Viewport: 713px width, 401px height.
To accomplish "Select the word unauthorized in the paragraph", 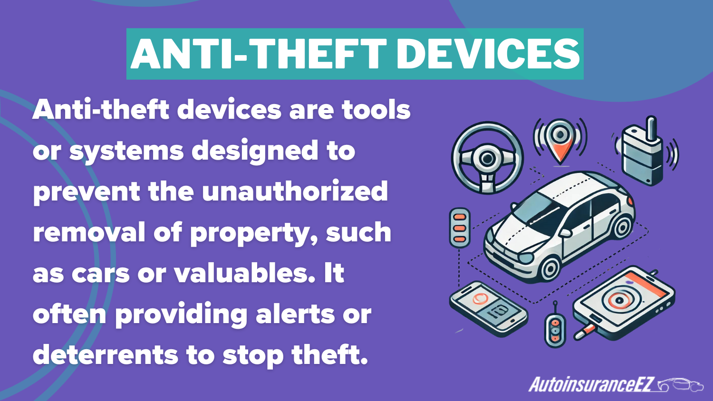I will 295,191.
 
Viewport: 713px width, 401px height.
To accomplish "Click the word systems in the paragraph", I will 126,151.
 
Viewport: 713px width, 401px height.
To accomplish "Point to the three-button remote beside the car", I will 460,228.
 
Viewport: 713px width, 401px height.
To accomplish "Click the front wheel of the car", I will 549,267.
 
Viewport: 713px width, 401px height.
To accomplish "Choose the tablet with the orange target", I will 623,301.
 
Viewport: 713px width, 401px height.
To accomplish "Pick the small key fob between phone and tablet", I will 555,328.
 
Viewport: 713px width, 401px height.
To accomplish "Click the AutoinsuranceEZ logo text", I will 592,384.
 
